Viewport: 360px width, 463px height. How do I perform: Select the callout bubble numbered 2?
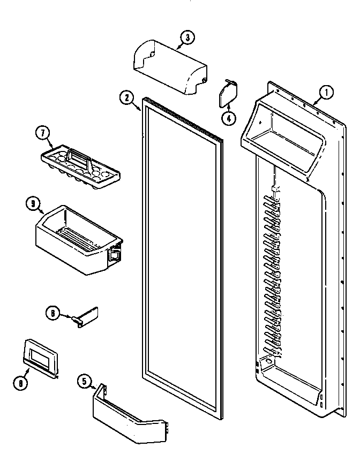point(126,98)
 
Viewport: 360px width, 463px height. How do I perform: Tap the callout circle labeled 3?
point(187,37)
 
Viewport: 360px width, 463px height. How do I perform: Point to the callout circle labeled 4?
point(229,119)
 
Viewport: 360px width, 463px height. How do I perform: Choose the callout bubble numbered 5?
point(84,382)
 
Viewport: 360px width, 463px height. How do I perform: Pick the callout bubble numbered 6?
point(52,314)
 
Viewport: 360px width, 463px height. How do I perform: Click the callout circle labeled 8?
point(20,382)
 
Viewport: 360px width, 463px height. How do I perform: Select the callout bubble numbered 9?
point(33,203)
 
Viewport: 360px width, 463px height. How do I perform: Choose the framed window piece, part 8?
point(41,355)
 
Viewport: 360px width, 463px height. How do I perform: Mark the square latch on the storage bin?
point(114,255)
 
